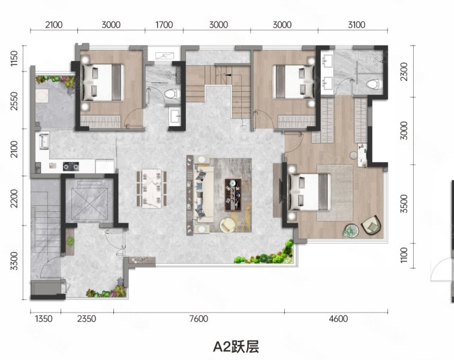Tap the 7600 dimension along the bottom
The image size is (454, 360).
tap(199, 319)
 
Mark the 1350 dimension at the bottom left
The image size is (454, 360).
tap(44, 319)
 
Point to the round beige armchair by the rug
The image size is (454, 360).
tap(228, 225)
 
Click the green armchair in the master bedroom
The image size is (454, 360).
tap(370, 226)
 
